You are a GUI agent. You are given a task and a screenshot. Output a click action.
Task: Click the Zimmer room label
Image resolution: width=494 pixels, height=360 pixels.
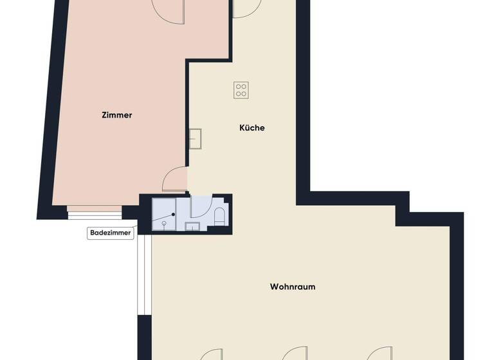point(116,115)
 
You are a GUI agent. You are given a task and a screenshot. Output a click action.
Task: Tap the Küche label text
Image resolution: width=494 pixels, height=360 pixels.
point(252,128)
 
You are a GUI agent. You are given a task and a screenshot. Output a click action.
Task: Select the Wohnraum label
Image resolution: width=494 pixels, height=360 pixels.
point(292,287)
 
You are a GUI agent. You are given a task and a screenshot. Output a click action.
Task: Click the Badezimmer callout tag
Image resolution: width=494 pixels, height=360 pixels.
point(111,234)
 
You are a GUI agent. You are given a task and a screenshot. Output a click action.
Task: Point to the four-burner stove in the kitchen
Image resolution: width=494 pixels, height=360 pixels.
point(241,90)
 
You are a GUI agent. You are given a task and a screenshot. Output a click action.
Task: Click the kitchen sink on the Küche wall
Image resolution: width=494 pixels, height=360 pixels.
point(195,138)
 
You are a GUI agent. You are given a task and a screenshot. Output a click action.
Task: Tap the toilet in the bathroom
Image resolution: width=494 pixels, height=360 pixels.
point(219,216)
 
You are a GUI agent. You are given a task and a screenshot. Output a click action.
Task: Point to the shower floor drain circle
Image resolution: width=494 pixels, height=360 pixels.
point(165,223)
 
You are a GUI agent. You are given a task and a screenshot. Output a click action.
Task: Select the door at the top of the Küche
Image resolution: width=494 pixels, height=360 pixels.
point(246,8)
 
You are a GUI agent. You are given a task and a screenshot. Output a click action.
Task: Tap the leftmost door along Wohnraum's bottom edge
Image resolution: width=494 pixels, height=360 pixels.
point(210,354)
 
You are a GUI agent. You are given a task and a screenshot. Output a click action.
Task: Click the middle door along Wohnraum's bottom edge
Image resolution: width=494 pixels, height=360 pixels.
point(295,354)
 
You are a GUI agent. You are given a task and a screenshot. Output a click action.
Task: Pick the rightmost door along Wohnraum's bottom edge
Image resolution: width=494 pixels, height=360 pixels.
point(378,354)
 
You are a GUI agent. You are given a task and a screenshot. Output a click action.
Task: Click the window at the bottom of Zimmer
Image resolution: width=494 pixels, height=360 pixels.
point(95,212)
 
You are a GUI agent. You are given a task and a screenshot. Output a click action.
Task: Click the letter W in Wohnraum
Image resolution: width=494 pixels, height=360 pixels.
point(274,287)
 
